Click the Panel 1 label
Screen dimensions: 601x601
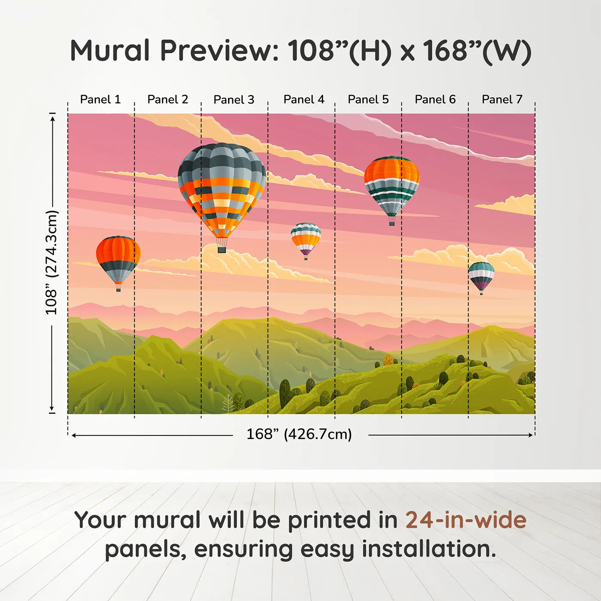click(x=100, y=100)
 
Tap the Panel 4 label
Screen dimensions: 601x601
click(x=304, y=100)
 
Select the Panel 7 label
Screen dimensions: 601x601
click(x=502, y=100)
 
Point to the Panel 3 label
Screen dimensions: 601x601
click(x=234, y=100)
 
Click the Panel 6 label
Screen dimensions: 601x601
click(x=435, y=100)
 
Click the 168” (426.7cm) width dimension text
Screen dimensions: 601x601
click(x=299, y=434)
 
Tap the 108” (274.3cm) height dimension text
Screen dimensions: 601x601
click(x=52, y=262)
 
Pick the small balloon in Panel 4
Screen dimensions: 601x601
click(x=306, y=240)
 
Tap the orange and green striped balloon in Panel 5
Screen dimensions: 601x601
click(x=392, y=187)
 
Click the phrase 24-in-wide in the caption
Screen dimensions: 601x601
click(x=466, y=520)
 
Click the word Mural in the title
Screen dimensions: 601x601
click(x=110, y=51)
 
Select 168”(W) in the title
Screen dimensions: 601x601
click(x=477, y=51)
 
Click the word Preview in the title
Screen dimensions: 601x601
click(x=219, y=51)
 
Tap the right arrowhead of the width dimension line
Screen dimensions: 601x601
click(x=531, y=435)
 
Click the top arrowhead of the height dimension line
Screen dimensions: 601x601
click(x=52, y=117)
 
